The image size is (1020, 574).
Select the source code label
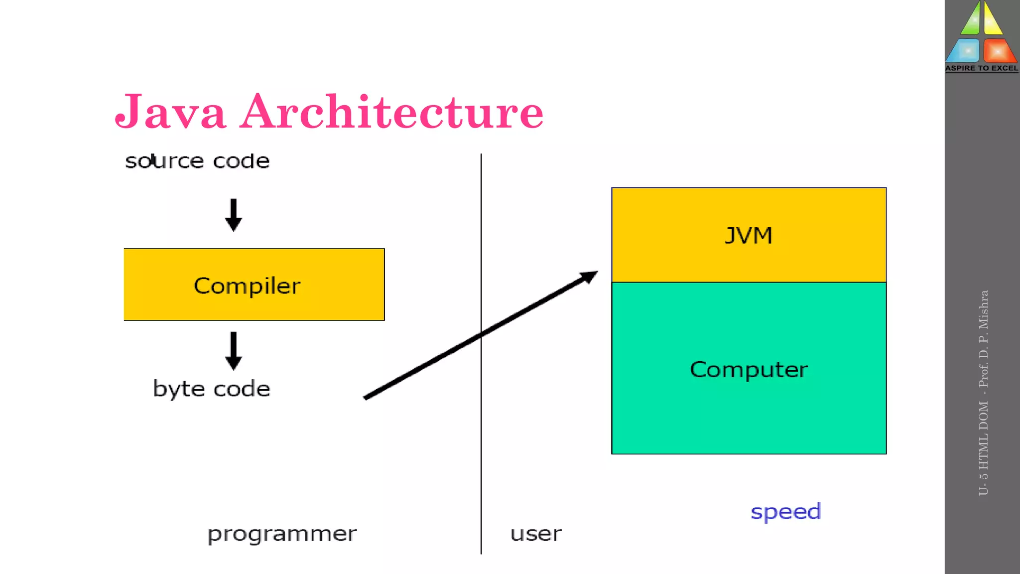(x=197, y=161)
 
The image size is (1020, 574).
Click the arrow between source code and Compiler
(x=234, y=215)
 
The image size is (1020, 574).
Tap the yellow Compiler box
(x=254, y=285)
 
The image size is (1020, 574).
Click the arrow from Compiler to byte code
(x=234, y=350)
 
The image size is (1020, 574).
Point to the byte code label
(x=212, y=389)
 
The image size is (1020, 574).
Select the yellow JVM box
(x=749, y=235)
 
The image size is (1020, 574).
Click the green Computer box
(x=749, y=369)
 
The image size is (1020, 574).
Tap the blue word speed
(x=785, y=512)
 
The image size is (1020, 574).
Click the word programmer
(x=282, y=534)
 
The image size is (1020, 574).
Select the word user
(x=536, y=534)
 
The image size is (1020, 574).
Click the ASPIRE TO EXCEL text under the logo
(x=982, y=68)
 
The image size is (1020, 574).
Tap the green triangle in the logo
(x=971, y=20)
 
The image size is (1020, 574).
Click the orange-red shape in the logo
(x=998, y=51)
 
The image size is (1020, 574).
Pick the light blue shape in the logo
(x=964, y=51)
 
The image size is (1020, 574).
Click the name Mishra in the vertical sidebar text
(x=983, y=310)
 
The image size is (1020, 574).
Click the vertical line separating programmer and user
(x=481, y=448)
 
